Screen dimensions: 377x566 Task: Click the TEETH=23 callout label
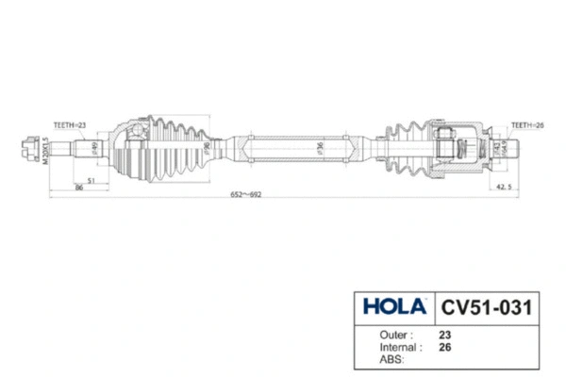click(x=70, y=125)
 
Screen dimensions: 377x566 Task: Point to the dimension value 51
click(x=91, y=179)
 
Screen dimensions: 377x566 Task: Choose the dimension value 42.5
click(x=506, y=187)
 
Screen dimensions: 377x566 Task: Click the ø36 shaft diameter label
click(x=321, y=148)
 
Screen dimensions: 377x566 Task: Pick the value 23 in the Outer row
click(x=444, y=334)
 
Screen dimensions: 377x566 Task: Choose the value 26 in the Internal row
click(x=444, y=346)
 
